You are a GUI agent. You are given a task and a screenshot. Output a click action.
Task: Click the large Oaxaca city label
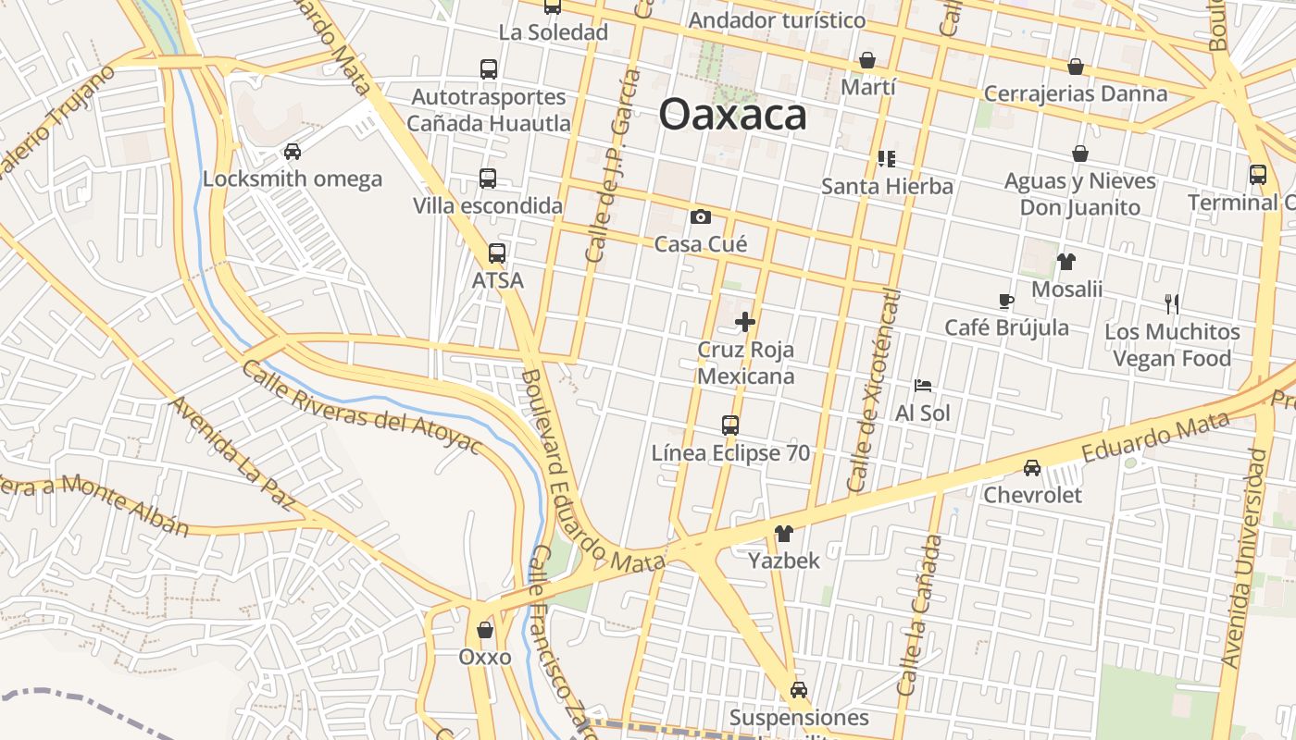[x=732, y=115]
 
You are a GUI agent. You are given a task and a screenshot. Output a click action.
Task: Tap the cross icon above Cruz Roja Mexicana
[x=745, y=322]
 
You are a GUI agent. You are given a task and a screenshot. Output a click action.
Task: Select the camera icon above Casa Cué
[x=701, y=217]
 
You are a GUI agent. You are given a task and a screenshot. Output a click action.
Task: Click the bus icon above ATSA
[x=497, y=253]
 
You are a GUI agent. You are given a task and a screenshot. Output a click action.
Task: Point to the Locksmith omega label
[x=292, y=179]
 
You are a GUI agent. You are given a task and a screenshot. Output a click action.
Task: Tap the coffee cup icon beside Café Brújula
[x=1006, y=301]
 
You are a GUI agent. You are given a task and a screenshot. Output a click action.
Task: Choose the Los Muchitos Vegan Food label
[x=1172, y=345]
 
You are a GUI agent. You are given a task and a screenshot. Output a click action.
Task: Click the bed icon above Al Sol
[x=923, y=386]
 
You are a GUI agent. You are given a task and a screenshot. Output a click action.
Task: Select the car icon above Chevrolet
[x=1032, y=468]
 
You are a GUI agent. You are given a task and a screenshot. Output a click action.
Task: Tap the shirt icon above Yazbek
[x=784, y=534]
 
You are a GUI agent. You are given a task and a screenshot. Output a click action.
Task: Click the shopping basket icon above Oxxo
[x=485, y=630]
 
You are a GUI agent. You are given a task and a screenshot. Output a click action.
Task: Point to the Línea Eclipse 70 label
[x=730, y=453]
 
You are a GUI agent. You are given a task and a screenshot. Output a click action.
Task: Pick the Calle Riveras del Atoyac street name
[x=361, y=408]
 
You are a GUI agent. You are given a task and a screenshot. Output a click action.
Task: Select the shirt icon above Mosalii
[x=1066, y=262]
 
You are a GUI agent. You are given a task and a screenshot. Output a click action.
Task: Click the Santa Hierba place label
[x=887, y=186]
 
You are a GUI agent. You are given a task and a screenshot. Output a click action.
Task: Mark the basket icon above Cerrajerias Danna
[x=1076, y=67]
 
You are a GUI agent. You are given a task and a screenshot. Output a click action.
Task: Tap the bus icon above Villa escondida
[x=488, y=179]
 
